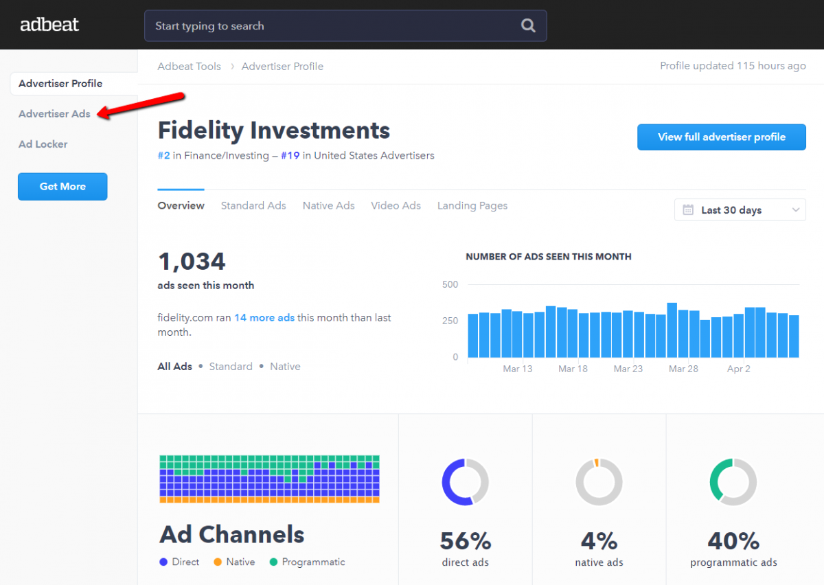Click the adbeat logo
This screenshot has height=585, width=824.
click(x=49, y=25)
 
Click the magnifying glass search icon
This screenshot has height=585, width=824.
click(x=527, y=26)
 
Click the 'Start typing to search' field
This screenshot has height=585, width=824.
click(x=330, y=26)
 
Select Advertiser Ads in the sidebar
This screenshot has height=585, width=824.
click(x=54, y=114)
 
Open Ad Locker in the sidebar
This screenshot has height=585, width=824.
click(x=43, y=144)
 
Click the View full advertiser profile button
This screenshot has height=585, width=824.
click(x=721, y=137)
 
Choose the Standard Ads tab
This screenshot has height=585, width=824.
click(x=253, y=206)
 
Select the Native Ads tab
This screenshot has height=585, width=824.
click(x=328, y=206)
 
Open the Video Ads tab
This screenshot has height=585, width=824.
click(x=396, y=206)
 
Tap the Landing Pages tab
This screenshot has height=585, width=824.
click(x=472, y=206)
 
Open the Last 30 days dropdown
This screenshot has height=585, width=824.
click(x=740, y=210)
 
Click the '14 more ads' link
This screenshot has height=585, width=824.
click(x=264, y=318)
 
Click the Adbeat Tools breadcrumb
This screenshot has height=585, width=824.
click(x=189, y=67)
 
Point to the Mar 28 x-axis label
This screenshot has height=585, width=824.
click(x=683, y=369)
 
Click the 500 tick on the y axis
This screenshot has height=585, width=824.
click(x=450, y=284)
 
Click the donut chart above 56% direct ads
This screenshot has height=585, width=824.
click(x=465, y=482)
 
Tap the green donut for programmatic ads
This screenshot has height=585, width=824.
click(x=733, y=482)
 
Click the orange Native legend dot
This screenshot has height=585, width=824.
click(x=218, y=562)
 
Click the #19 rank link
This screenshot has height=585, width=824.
click(x=290, y=156)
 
